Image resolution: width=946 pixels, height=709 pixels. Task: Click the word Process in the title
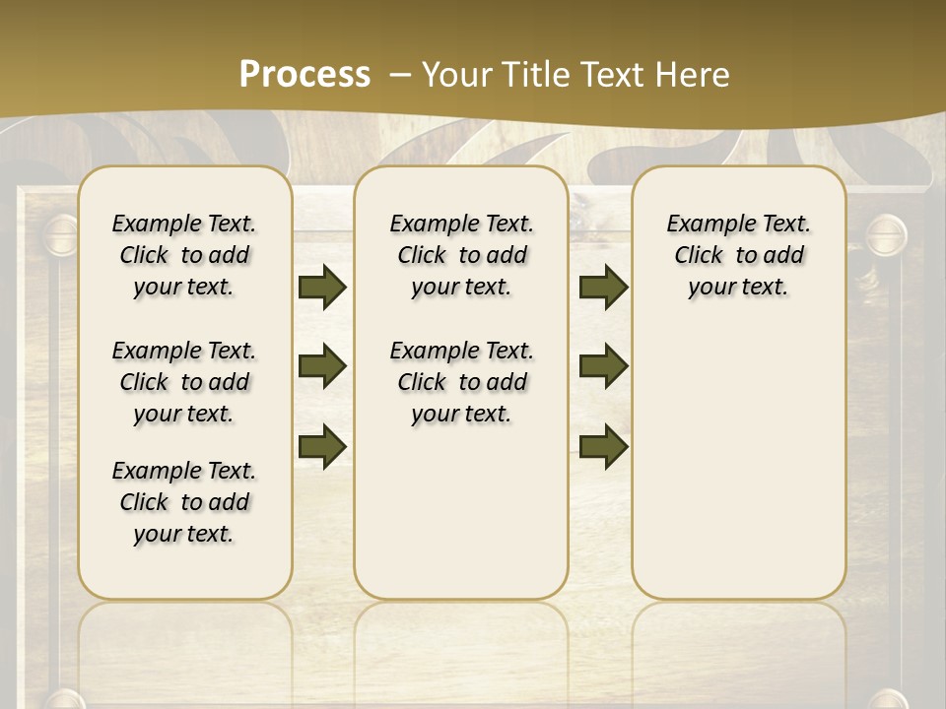coord(304,75)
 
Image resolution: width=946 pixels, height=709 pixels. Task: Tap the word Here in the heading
coord(692,75)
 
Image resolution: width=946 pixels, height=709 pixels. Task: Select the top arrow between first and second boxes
coord(322,288)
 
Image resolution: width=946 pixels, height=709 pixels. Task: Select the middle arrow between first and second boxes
coord(322,366)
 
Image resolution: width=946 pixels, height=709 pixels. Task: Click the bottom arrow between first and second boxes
coord(322,446)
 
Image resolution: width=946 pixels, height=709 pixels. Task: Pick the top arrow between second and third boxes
coord(603,288)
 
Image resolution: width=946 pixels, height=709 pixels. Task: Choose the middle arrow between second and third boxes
coord(603,366)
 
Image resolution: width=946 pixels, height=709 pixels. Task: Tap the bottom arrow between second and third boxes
coord(603,446)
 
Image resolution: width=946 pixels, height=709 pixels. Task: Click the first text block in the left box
coord(184,255)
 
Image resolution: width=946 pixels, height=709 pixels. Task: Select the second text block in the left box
coord(184,382)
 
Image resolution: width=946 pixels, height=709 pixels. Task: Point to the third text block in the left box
coord(184,502)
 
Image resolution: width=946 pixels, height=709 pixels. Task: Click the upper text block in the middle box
coord(461,255)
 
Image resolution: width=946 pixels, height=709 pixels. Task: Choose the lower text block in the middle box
coord(461,382)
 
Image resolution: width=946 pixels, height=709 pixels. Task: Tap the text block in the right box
coord(738,255)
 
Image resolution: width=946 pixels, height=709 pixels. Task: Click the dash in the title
coord(400,75)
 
